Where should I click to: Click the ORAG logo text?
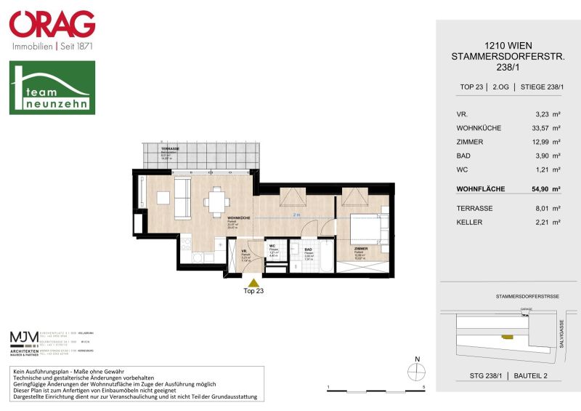[52, 24]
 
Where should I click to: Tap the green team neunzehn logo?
[52, 87]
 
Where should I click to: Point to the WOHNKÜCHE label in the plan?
[240, 218]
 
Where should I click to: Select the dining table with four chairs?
[216, 200]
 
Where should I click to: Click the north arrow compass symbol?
[415, 370]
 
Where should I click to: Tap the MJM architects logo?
[25, 339]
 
